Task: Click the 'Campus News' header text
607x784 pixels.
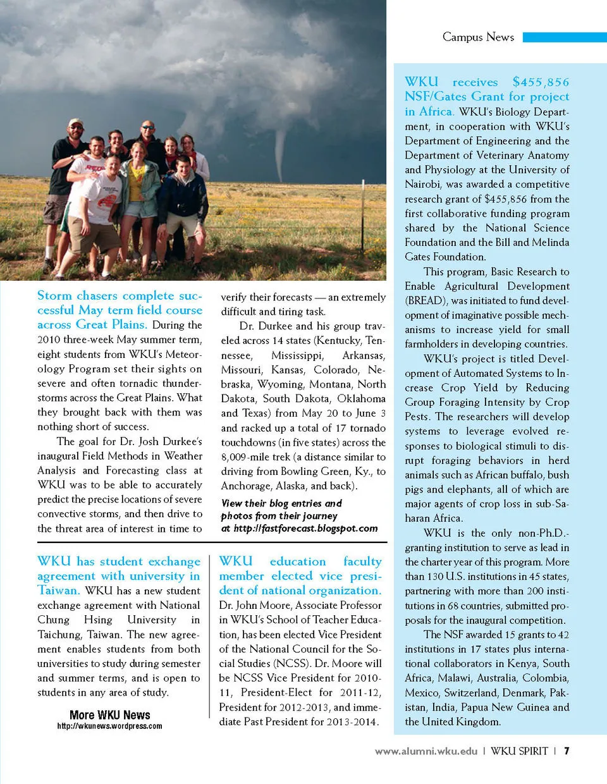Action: (478, 37)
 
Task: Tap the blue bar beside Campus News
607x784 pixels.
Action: (564, 37)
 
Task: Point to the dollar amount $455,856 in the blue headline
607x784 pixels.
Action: (541, 82)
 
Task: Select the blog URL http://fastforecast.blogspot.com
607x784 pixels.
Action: (305, 529)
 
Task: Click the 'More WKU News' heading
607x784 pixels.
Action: (110, 714)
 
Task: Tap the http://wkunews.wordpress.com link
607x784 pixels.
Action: (109, 726)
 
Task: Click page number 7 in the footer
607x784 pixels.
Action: (567, 751)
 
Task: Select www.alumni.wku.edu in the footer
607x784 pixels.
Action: (426, 751)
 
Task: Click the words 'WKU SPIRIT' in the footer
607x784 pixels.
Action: (519, 751)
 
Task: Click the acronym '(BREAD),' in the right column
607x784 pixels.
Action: (426, 301)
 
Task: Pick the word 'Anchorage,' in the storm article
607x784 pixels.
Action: (246, 486)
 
